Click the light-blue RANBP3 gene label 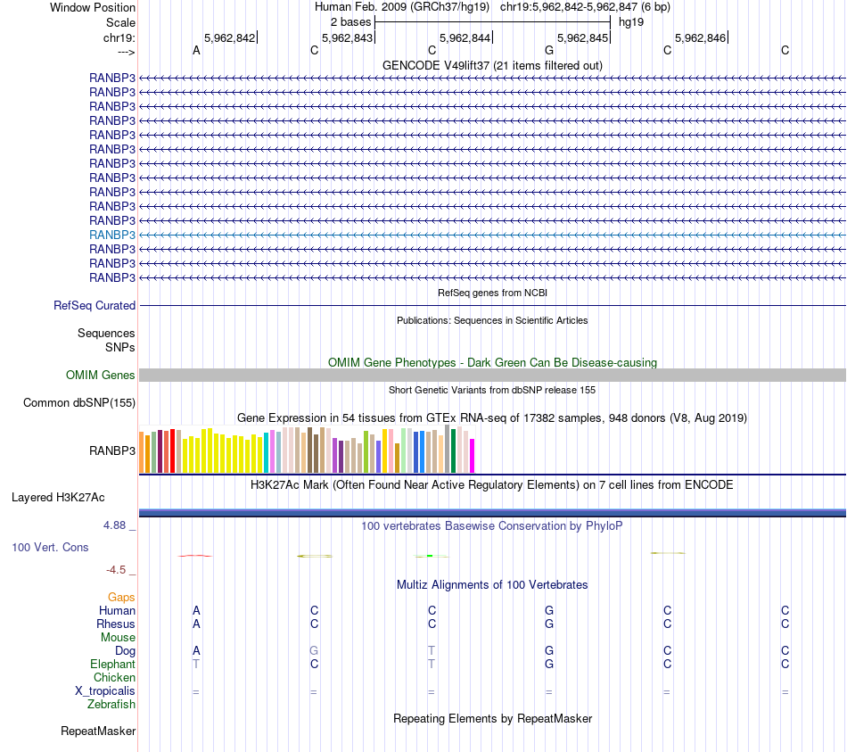tap(112, 235)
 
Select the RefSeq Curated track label tap(95, 305)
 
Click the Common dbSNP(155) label tap(79, 402)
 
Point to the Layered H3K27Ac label tap(70, 497)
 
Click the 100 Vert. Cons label tap(50, 547)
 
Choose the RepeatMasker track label tap(98, 731)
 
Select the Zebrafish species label tap(111, 705)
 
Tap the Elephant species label tap(112, 665)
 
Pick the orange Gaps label tap(121, 598)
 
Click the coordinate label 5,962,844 tap(465, 38)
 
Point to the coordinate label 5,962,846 tap(700, 38)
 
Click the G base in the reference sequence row tap(549, 51)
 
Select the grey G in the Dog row tap(314, 651)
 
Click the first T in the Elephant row tap(196, 665)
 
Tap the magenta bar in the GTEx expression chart tap(472, 455)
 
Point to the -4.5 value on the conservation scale tap(116, 569)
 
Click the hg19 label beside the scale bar tap(631, 21)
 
